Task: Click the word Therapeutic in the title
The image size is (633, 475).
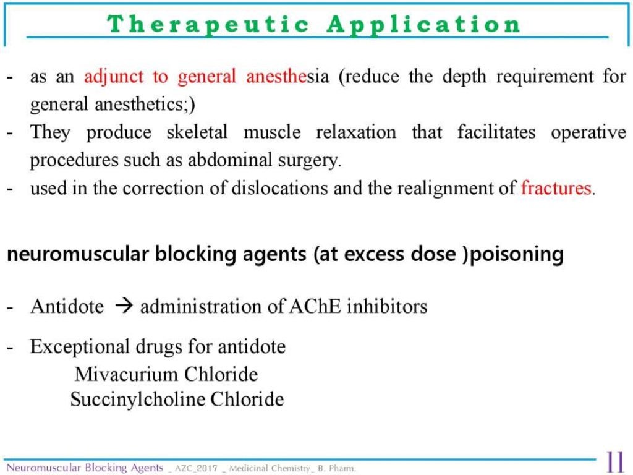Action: [x=208, y=24]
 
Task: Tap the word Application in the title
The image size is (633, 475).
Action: [x=424, y=24]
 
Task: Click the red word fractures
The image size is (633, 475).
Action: [x=556, y=188]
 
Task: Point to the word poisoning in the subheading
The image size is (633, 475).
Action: [x=517, y=255]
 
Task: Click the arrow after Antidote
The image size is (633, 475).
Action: [x=122, y=306]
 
